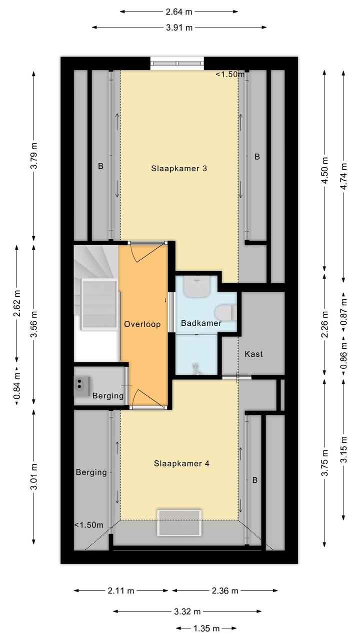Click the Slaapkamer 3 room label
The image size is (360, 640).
[x=179, y=168]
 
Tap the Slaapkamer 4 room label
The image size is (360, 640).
[x=181, y=463]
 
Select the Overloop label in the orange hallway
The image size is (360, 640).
[x=142, y=324]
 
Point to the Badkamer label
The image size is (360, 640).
[x=201, y=323]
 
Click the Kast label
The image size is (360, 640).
[x=253, y=354]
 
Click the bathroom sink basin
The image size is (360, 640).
[x=197, y=286]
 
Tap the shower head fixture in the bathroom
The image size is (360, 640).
[x=196, y=369]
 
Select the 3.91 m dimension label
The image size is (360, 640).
[x=179, y=28]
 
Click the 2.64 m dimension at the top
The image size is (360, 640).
[x=178, y=12]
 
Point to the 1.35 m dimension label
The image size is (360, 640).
[x=206, y=628]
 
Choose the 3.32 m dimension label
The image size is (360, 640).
[x=187, y=611]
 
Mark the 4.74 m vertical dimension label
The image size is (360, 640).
[x=343, y=176]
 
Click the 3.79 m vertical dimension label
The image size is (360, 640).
[x=34, y=156]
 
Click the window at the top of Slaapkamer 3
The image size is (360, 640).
[x=177, y=64]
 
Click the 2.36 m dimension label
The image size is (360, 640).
[x=224, y=590]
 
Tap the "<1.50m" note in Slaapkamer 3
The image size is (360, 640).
[x=230, y=74]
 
